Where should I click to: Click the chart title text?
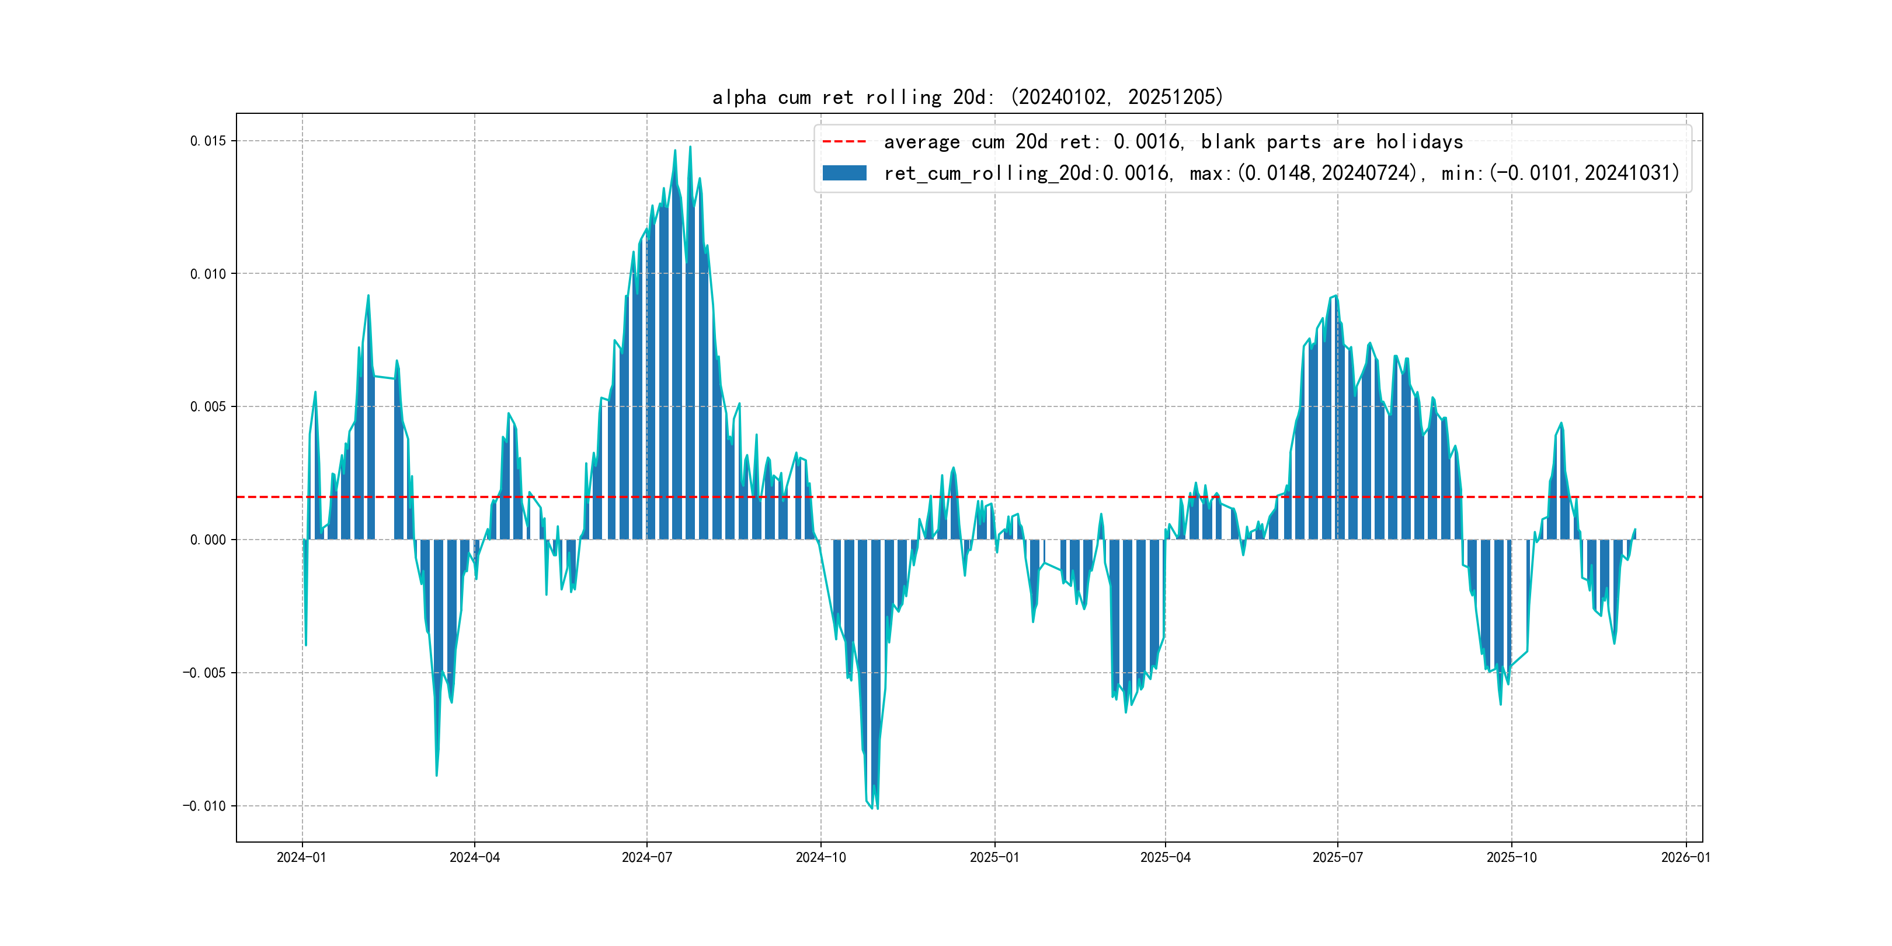(x=967, y=97)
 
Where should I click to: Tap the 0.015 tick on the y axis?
(x=208, y=141)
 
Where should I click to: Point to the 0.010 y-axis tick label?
(x=208, y=274)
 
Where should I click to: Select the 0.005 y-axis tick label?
(x=208, y=407)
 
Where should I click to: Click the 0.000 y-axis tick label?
(x=208, y=540)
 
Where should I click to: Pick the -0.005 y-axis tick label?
(x=204, y=673)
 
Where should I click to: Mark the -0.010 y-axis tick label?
(x=204, y=806)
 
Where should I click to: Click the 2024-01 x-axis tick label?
(x=301, y=857)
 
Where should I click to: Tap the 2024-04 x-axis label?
(x=475, y=857)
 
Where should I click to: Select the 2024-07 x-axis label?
(x=646, y=857)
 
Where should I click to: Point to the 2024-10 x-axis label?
(x=820, y=857)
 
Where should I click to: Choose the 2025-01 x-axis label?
(x=994, y=857)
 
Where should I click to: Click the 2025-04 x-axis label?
(x=1165, y=857)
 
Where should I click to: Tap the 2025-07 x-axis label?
(x=1337, y=857)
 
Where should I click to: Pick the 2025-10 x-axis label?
(x=1511, y=857)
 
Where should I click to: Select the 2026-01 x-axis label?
(x=1686, y=857)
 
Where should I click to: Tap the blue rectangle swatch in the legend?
(x=844, y=173)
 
